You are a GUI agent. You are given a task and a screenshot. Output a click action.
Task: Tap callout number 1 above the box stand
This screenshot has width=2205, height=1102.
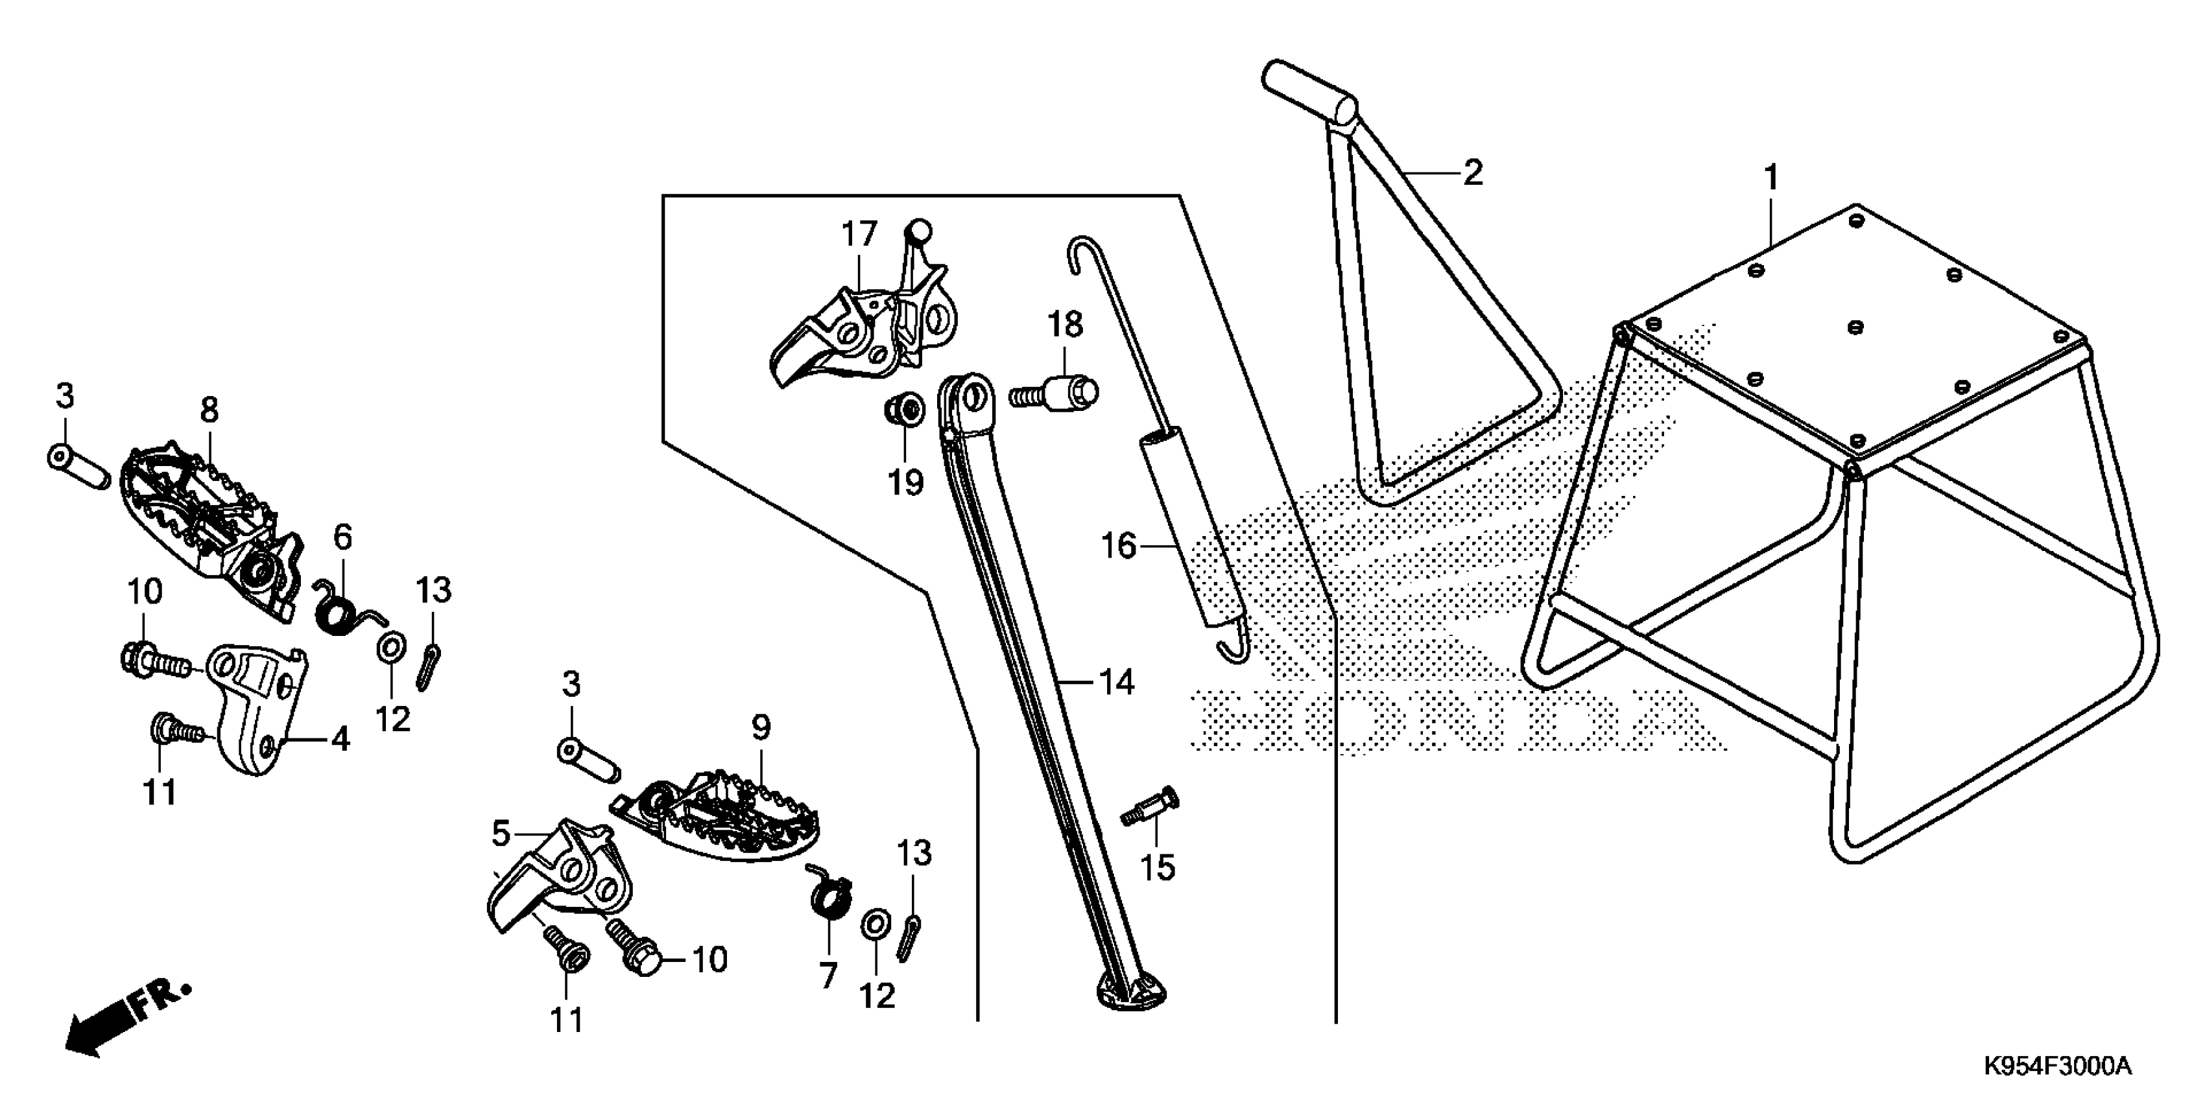[1771, 178]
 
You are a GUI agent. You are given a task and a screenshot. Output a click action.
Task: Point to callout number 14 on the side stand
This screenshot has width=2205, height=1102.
[1116, 682]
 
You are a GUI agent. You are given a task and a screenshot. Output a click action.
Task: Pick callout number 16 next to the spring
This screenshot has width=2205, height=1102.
[1118, 545]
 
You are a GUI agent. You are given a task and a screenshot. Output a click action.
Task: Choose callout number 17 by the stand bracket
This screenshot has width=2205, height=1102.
[859, 233]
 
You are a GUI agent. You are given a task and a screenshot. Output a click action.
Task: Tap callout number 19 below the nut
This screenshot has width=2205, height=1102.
[905, 482]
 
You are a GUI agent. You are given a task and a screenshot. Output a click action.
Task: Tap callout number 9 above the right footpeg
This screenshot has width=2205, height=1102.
[761, 727]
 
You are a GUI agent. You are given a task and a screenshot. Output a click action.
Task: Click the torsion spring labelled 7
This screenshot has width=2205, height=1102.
[828, 898]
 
